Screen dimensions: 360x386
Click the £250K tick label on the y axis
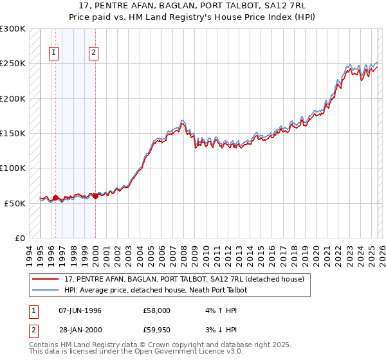[x=13, y=64]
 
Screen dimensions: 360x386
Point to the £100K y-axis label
[x=13, y=168]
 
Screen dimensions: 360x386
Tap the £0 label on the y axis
[x=20, y=238]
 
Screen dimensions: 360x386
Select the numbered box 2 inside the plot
[x=94, y=53]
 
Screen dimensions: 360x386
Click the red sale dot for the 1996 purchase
[x=55, y=197]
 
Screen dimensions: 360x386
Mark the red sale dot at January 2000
[x=95, y=196]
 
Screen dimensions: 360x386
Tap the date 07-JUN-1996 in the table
[x=80, y=310]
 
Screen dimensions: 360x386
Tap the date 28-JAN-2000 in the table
[x=80, y=331]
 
